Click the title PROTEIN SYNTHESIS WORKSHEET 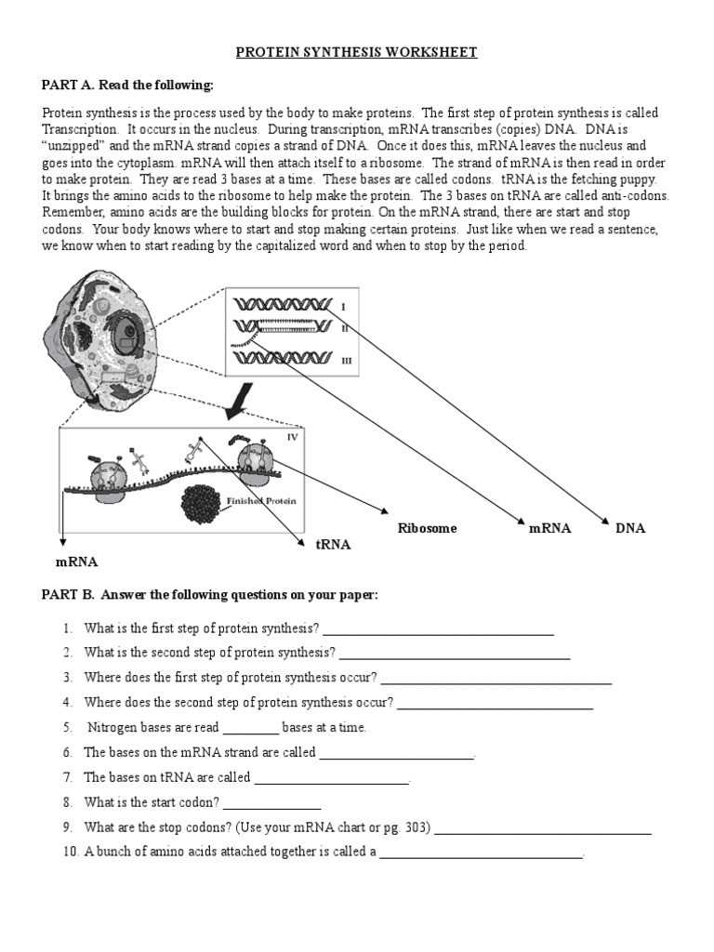pyautogui.click(x=356, y=52)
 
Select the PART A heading pyautogui.click(x=127, y=86)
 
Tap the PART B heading pyautogui.click(x=209, y=595)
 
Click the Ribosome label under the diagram pyautogui.click(x=427, y=528)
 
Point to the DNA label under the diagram pyautogui.click(x=629, y=528)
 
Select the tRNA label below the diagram pyautogui.click(x=333, y=545)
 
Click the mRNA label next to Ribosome pyautogui.click(x=549, y=528)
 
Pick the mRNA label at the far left pyautogui.click(x=76, y=562)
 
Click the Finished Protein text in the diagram pyautogui.click(x=262, y=500)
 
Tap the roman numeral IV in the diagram pyautogui.click(x=292, y=437)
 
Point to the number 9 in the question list pyautogui.click(x=68, y=826)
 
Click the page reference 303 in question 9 pyautogui.click(x=416, y=826)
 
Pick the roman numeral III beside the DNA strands pyautogui.click(x=347, y=360)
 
